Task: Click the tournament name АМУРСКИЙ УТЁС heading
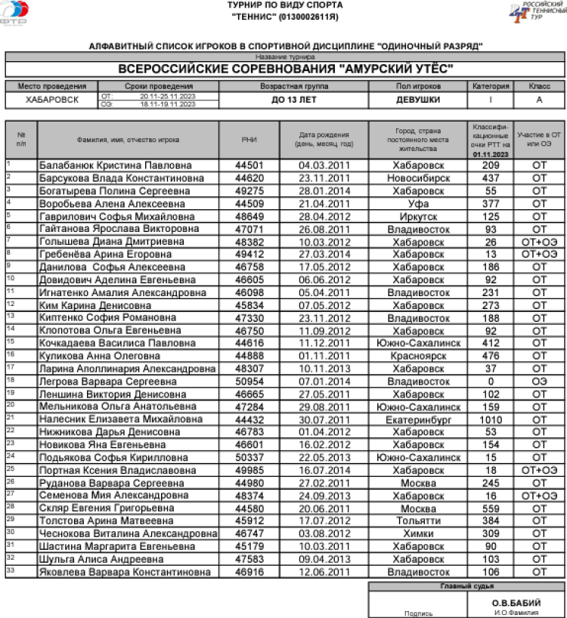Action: (286, 69)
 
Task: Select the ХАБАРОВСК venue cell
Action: (51, 100)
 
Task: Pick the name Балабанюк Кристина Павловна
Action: (115, 165)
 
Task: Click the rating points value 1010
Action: (491, 419)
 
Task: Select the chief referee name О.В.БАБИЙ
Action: (516, 602)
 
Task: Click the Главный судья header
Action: (466, 586)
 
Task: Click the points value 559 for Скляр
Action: (491, 508)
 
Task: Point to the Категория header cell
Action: (491, 87)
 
